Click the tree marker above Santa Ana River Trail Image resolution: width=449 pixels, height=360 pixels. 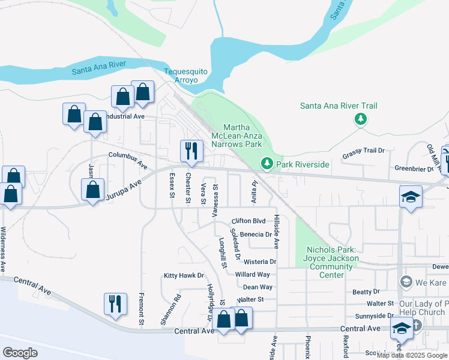(360, 119)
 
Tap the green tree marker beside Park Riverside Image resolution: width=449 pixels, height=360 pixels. (267, 163)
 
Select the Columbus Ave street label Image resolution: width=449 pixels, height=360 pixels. (128, 159)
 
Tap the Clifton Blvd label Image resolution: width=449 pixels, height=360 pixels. (248, 221)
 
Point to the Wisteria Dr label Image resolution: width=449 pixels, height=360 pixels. (259, 262)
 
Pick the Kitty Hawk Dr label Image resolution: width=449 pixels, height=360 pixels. (184, 275)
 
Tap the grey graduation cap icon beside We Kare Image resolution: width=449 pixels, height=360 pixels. (406, 282)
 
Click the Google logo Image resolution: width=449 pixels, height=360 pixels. (20, 353)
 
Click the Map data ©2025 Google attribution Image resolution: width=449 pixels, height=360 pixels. (411, 355)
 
